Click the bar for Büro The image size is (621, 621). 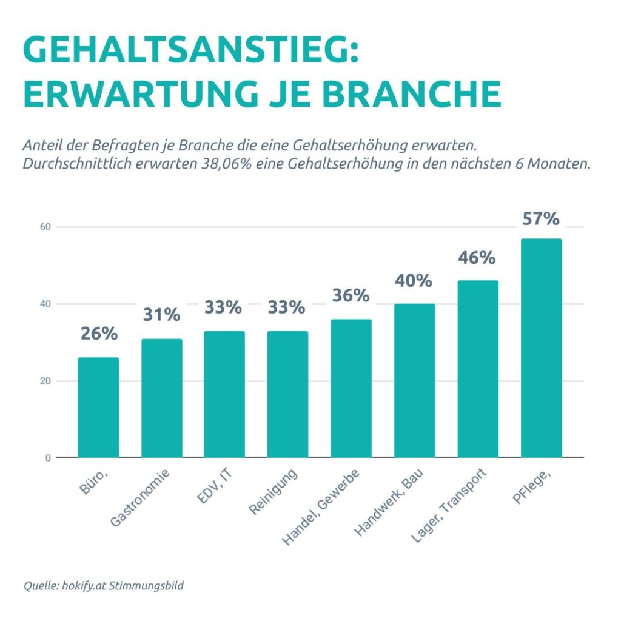pyautogui.click(x=99, y=408)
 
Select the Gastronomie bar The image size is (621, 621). pyautogui.click(x=162, y=398)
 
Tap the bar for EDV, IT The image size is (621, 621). pyautogui.click(x=224, y=394)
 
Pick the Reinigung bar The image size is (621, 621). pyautogui.click(x=288, y=394)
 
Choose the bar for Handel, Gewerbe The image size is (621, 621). pyautogui.click(x=351, y=389)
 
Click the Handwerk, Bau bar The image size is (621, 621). pyautogui.click(x=415, y=381)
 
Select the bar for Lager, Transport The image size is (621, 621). pyautogui.click(x=478, y=369)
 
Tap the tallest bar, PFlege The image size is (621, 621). pyautogui.click(x=542, y=348)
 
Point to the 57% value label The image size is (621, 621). pyautogui.click(x=541, y=218)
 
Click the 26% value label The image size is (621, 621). pyautogui.click(x=99, y=334)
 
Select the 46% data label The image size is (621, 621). pyautogui.click(x=477, y=258)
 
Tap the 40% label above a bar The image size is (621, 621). pyautogui.click(x=414, y=281)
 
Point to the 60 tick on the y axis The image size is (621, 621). pyautogui.click(x=45, y=227)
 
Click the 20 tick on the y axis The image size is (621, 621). pyautogui.click(x=45, y=381)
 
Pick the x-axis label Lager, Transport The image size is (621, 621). pyautogui.click(x=449, y=506)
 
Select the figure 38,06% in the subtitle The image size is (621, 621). pyautogui.click(x=227, y=164)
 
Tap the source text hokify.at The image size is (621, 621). pyautogui.click(x=84, y=586)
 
